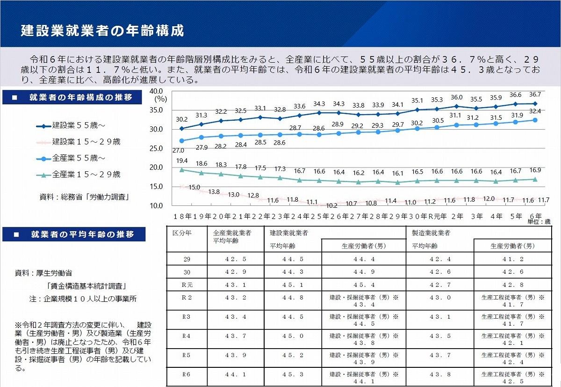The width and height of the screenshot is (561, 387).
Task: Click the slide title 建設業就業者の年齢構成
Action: coord(102,30)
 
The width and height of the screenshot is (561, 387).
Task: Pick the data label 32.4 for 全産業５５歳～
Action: coord(535,111)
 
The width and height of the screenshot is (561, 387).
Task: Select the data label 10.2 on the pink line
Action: coord(331,205)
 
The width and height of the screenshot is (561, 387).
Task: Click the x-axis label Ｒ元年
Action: coord(438,217)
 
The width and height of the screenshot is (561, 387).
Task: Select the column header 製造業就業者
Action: coord(431,233)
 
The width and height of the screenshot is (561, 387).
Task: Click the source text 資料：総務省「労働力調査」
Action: coord(84,197)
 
